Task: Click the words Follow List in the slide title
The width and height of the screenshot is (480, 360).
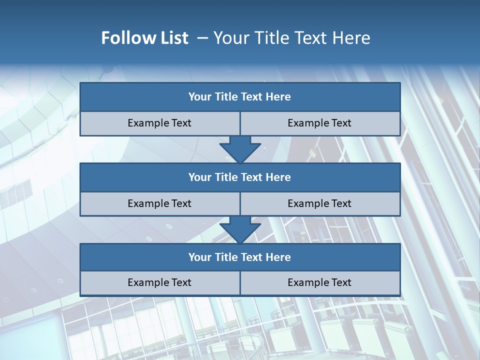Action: (x=144, y=38)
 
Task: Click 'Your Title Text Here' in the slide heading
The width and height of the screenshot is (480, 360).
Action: (x=291, y=38)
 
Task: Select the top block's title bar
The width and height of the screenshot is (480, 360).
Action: (x=240, y=97)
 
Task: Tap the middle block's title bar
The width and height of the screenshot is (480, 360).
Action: (x=240, y=177)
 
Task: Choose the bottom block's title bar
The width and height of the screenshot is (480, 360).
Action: (x=240, y=257)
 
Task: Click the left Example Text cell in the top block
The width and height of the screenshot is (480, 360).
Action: (x=159, y=123)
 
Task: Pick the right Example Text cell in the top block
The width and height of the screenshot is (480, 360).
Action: (x=320, y=123)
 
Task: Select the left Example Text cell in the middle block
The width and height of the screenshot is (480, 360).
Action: (x=159, y=203)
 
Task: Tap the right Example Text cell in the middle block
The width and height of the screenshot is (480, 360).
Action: (x=320, y=203)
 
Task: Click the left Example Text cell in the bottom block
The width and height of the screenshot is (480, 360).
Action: (x=159, y=282)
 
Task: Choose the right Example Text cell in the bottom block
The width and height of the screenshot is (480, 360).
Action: (x=320, y=282)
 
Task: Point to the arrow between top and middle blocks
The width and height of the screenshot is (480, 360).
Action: (x=240, y=149)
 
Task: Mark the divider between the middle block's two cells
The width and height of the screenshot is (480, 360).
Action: (x=240, y=203)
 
